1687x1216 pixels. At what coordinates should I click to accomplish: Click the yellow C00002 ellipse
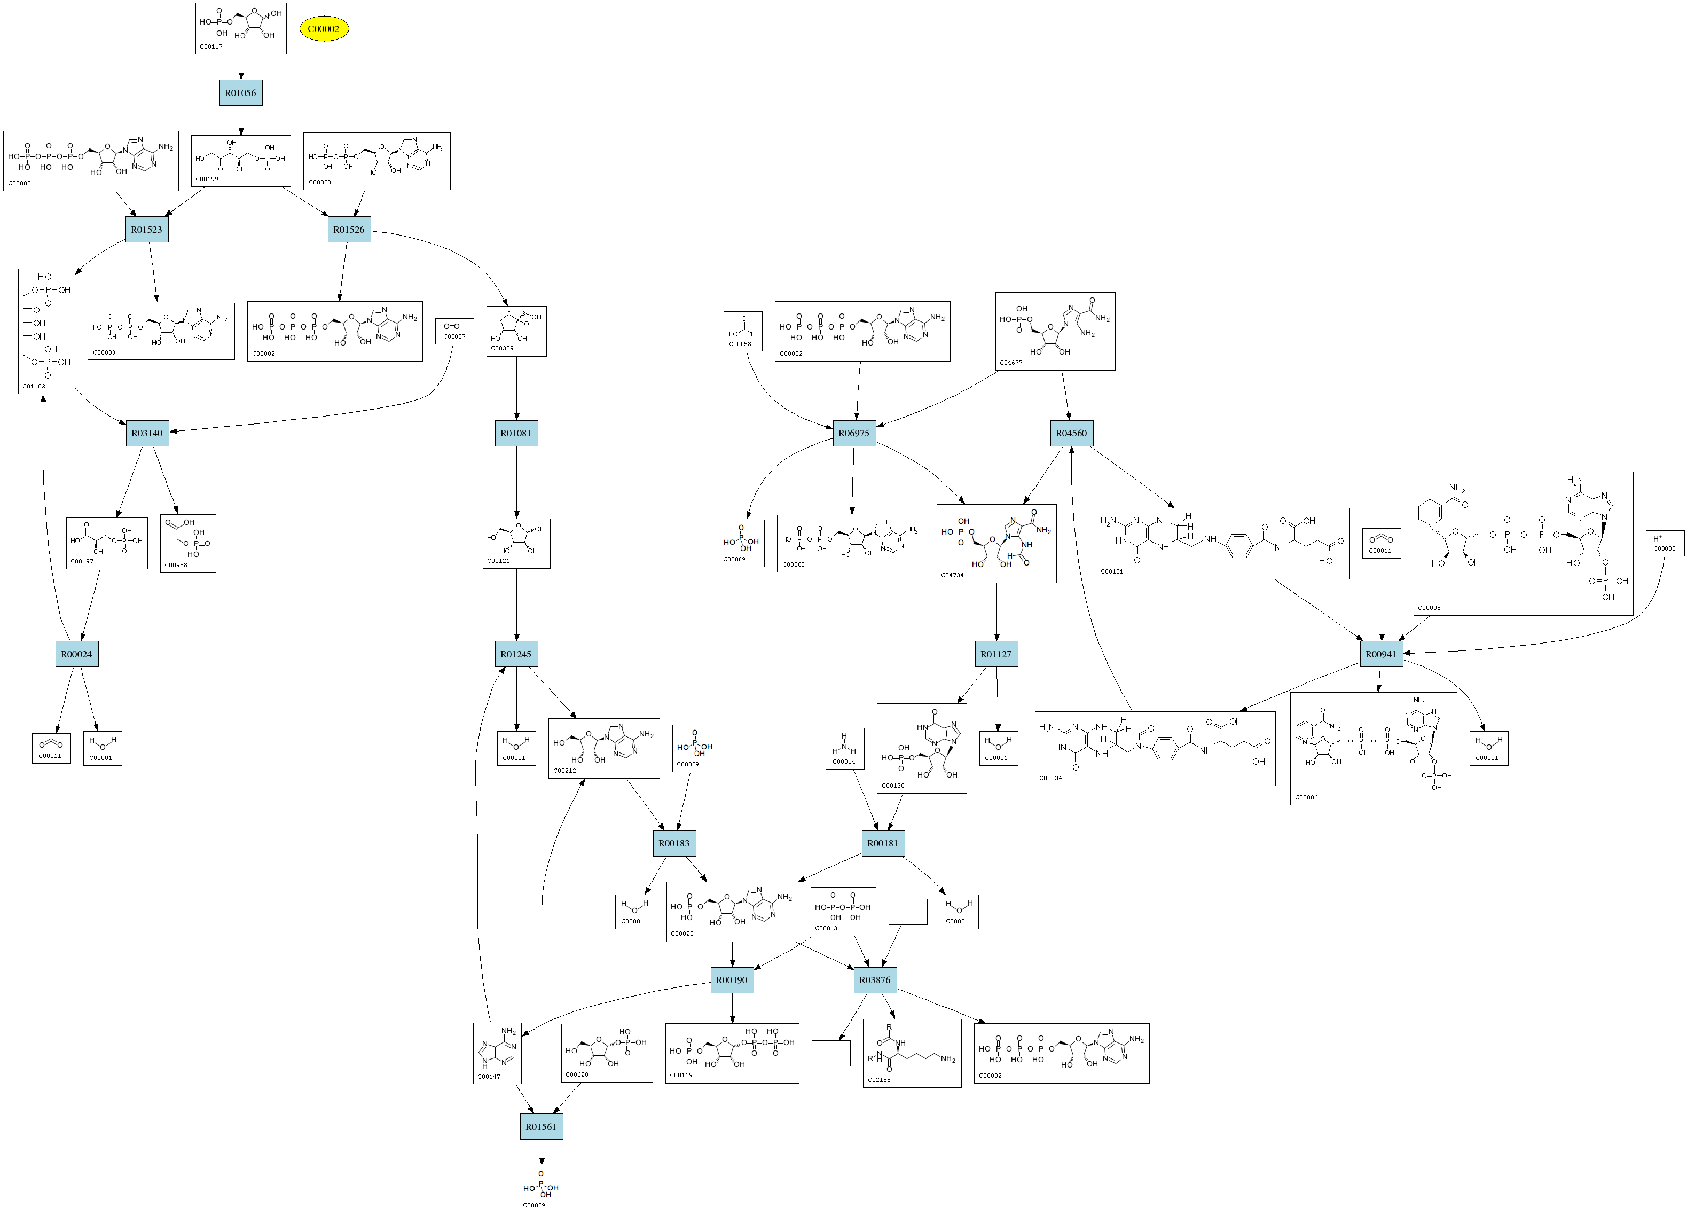[324, 29]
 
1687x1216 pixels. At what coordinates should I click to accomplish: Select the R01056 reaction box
[240, 93]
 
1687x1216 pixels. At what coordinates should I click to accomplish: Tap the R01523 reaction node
[146, 229]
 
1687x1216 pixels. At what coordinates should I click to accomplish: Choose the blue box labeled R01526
[349, 229]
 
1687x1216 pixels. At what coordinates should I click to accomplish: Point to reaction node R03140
[147, 433]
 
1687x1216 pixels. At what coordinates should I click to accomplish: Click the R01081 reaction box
[516, 433]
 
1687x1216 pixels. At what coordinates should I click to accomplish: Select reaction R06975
[854, 433]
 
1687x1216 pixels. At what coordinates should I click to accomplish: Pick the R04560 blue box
[1071, 433]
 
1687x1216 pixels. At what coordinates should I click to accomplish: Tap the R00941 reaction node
[1382, 654]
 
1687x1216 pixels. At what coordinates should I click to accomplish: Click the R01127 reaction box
[996, 654]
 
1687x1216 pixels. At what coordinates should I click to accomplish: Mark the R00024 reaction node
[76, 654]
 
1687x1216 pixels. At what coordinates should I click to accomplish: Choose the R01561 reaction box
[541, 1126]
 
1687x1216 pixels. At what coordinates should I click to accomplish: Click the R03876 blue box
[875, 979]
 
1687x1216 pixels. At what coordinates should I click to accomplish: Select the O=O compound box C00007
[454, 331]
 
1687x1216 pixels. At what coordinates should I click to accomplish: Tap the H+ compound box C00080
[1664, 544]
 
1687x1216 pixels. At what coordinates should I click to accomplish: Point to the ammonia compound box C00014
[844, 748]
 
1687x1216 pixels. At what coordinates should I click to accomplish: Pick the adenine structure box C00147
[497, 1053]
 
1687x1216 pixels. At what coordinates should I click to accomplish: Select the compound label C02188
[878, 1080]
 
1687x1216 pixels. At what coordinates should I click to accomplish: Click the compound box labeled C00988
[188, 544]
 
